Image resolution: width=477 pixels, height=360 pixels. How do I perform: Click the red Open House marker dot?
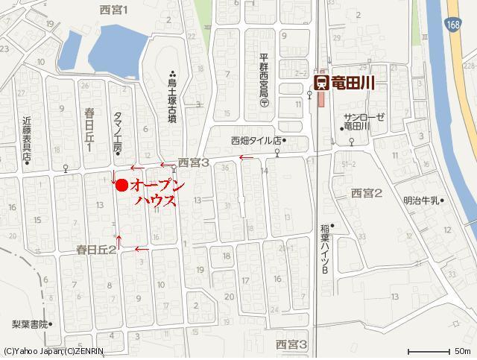(121, 186)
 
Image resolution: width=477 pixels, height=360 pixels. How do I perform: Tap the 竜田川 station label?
(353, 81)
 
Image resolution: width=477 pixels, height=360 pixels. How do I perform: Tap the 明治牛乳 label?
(423, 200)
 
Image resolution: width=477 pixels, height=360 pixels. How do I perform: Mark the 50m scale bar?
(428, 350)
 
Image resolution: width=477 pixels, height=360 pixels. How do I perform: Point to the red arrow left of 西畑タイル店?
(245, 157)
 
